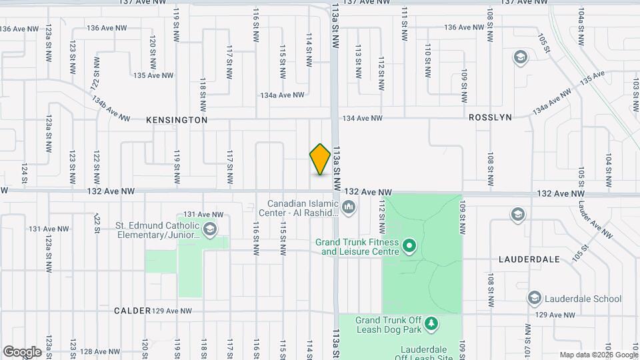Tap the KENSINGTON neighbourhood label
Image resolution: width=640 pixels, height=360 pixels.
(177, 120)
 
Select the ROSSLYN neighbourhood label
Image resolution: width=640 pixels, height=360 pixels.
(490, 117)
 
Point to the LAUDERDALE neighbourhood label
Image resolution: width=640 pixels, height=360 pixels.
(529, 259)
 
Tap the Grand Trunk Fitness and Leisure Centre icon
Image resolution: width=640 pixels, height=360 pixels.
(410, 247)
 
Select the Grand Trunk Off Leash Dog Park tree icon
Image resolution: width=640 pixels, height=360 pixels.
(431, 324)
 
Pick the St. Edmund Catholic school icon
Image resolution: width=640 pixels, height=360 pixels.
(211, 230)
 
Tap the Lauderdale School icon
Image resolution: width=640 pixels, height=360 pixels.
(533, 298)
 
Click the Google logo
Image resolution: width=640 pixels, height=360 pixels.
(23, 351)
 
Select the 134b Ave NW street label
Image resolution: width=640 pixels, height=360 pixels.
(111, 109)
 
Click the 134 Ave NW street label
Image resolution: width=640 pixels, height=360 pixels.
(362, 118)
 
